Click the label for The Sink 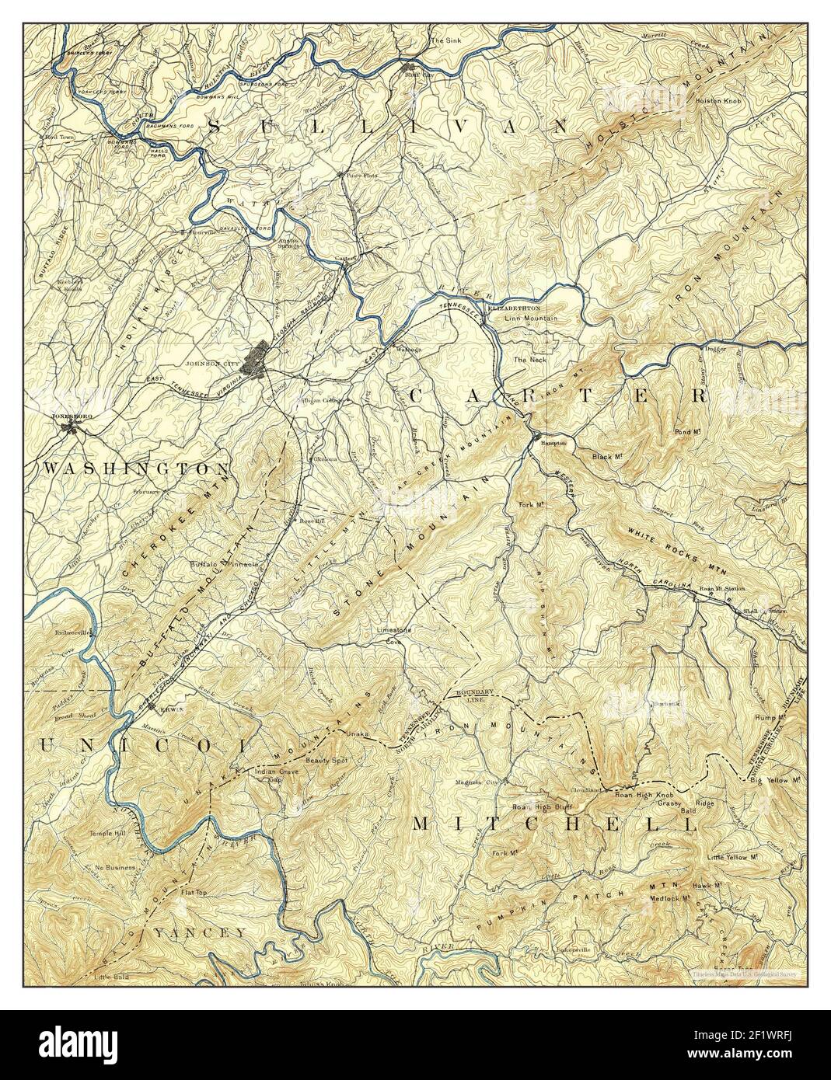point(446,40)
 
